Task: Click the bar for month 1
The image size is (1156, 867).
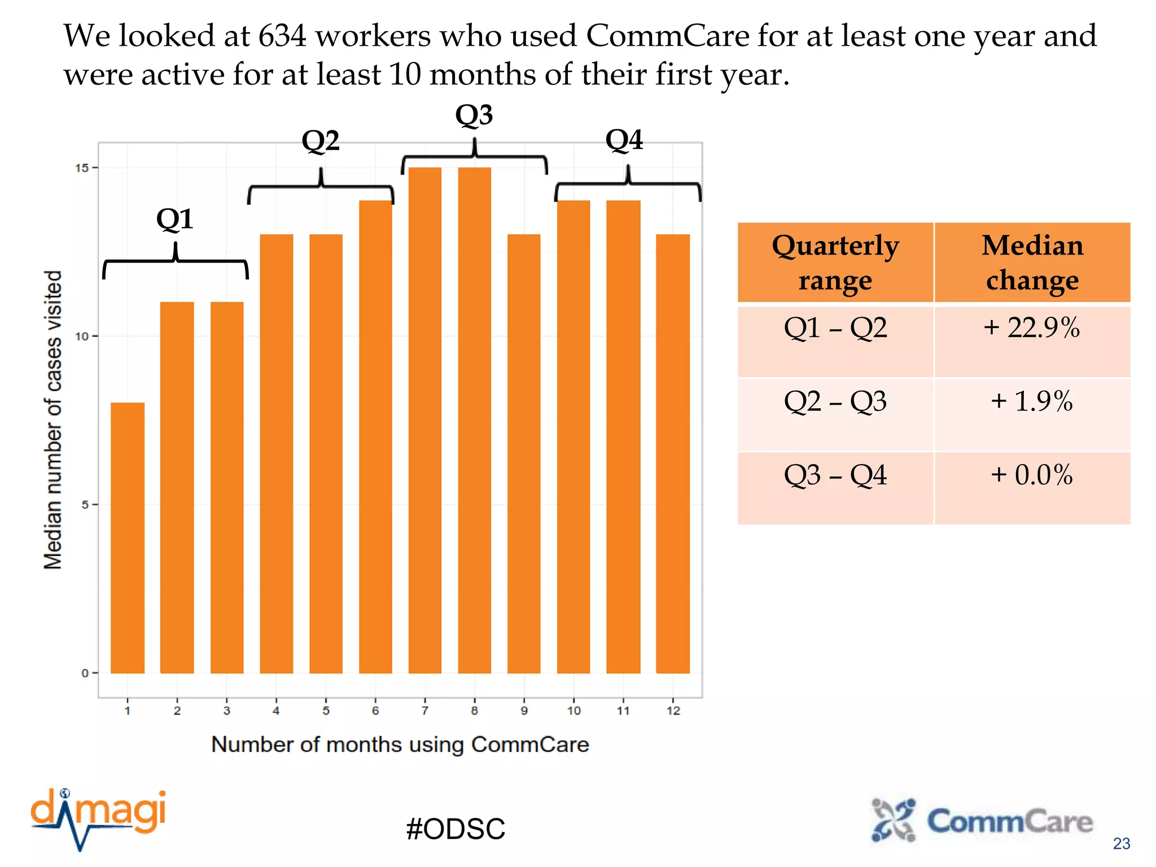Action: click(128, 537)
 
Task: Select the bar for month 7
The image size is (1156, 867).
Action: click(424, 421)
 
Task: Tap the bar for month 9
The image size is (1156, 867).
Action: click(524, 453)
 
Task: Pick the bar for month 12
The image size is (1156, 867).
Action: click(673, 453)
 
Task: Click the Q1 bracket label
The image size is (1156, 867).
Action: click(175, 219)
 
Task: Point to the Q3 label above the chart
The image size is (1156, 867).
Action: click(474, 115)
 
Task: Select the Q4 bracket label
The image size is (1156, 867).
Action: click(624, 139)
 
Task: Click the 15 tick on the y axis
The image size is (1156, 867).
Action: click(82, 168)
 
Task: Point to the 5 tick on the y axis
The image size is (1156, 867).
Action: click(85, 505)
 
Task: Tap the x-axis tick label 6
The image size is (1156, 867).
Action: click(375, 711)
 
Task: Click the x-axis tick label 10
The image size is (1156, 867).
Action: click(573, 711)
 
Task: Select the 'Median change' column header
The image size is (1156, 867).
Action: click(1032, 262)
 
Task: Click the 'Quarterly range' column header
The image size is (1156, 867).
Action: click(835, 262)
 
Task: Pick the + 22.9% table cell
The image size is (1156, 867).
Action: click(1032, 328)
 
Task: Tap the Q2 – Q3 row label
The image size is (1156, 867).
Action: click(835, 401)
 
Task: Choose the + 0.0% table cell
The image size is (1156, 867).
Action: click(1032, 475)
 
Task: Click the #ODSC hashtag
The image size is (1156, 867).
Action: click(456, 829)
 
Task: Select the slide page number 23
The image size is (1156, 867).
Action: click(1121, 843)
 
